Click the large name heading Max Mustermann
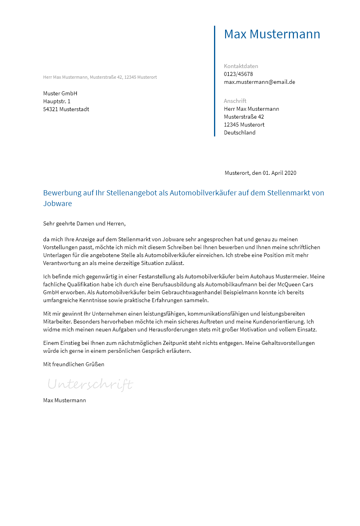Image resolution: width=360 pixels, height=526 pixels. tap(272, 34)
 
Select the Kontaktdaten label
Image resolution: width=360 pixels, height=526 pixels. tap(241, 66)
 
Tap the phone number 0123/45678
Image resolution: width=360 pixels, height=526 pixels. tap(238, 74)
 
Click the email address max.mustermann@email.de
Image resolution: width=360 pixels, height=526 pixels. tap(260, 82)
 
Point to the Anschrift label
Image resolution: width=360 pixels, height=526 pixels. tap(235, 101)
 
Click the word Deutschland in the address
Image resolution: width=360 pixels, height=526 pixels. tap(240, 132)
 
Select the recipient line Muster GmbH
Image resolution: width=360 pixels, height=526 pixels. tap(60, 93)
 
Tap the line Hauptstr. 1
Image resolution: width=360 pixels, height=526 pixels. tap(57, 101)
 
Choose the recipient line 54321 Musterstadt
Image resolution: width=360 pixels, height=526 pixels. tap(66, 109)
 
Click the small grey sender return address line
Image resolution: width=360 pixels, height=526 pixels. tap(100, 77)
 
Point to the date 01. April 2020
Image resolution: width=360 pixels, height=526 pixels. tap(279, 173)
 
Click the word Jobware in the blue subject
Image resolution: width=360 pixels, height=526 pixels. tap(57, 204)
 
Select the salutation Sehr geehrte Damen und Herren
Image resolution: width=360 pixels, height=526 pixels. tap(84, 223)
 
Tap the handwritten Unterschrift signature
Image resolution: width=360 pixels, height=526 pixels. tap(90, 384)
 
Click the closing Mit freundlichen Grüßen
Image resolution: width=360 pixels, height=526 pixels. tap(74, 364)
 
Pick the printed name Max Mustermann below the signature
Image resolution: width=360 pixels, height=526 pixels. tap(64, 400)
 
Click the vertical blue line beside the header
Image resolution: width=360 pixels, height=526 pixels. tap(214, 81)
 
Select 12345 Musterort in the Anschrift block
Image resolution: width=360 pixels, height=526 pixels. tap(244, 125)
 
